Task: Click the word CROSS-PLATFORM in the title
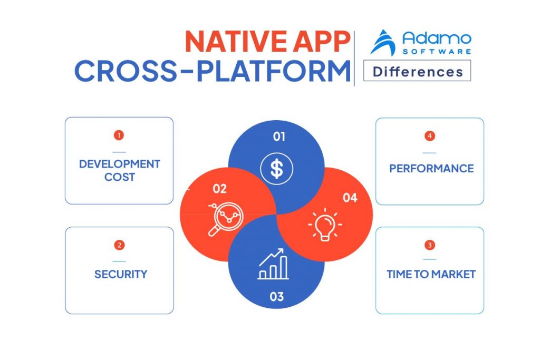pos(213,72)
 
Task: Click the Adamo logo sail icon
pos(383,43)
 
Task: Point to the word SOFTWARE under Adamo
pos(437,51)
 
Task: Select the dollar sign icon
pos(276,169)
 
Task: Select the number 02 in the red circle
pos(219,188)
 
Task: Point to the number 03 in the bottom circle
pos(277,297)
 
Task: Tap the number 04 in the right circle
pos(350,198)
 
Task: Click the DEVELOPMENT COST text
pos(119,170)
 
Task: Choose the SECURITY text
pos(121,274)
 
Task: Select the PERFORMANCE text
pos(431,169)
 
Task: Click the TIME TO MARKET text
pos(431,274)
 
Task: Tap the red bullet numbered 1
pos(119,135)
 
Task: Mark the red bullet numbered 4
pos(429,136)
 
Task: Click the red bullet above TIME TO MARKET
pos(429,245)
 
